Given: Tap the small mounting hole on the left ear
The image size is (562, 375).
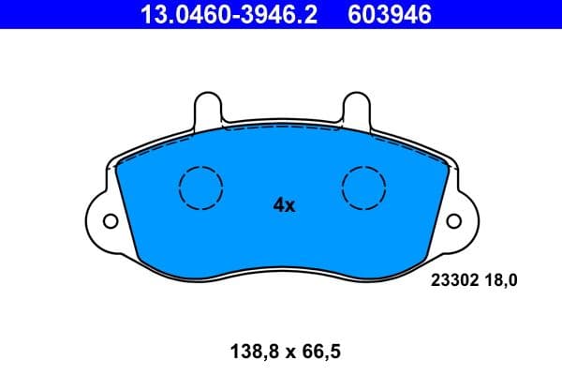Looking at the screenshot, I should pos(111,222).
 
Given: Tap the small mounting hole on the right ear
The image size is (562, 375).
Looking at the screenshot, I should pos(452,222).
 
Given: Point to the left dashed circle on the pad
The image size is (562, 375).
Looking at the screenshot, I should pos(200,187).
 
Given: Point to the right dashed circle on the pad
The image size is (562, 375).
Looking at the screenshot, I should pos(364,187).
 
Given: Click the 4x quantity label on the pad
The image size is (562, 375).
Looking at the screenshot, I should pos(284,205).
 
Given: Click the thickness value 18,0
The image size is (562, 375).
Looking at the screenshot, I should pos(499,278).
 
